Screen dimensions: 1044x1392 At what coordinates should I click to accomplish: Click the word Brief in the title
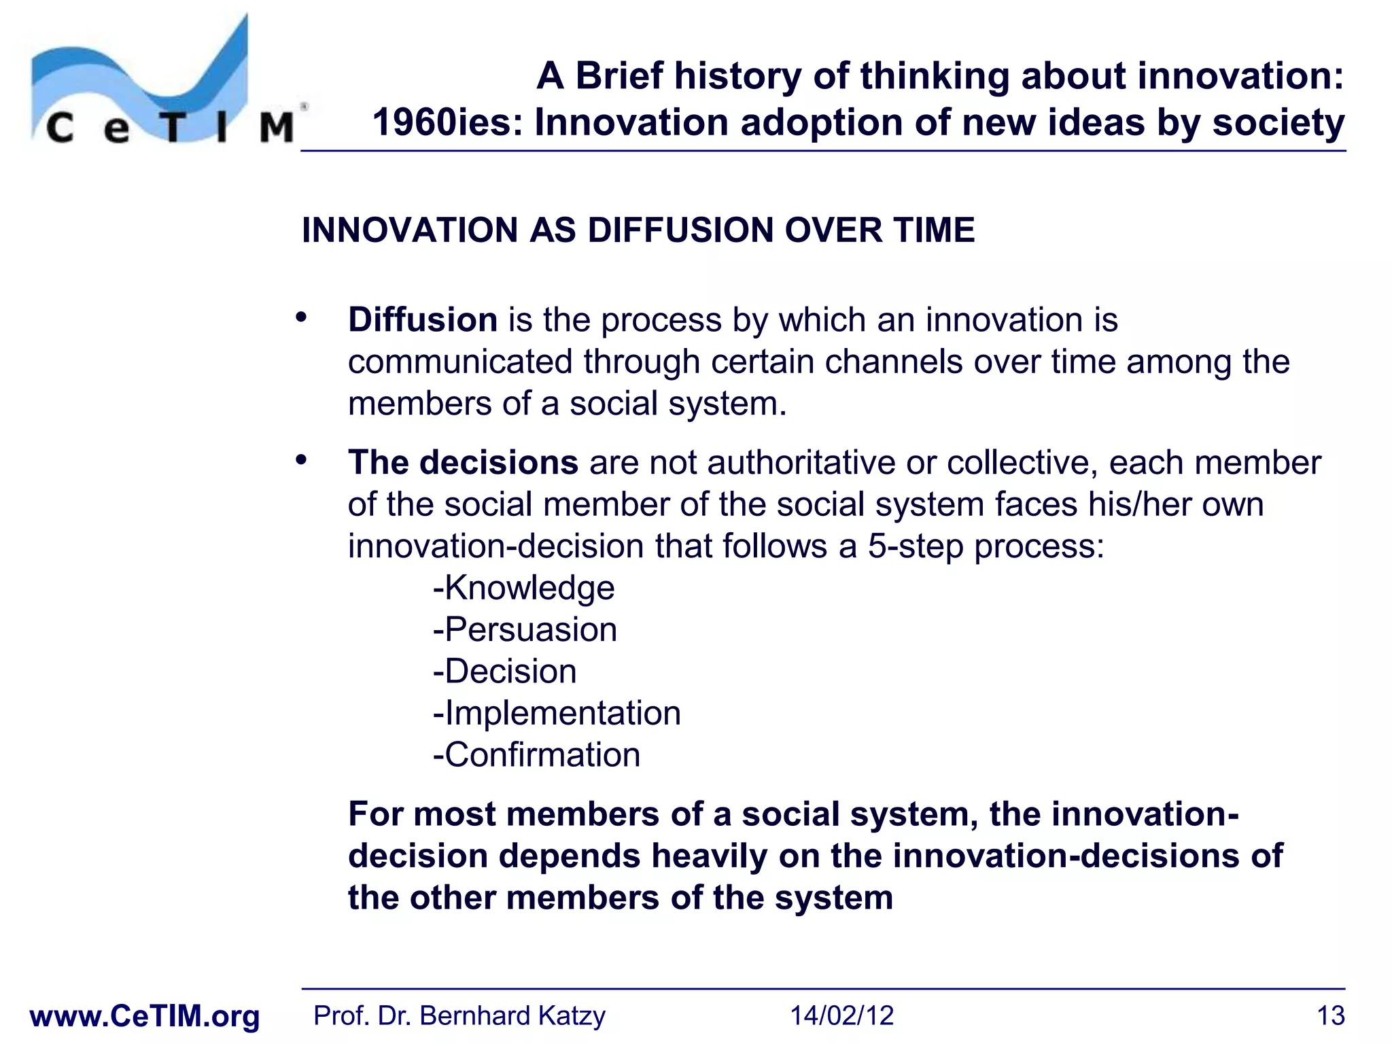pos(619,75)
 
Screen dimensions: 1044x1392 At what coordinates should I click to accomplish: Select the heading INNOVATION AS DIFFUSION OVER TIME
pos(638,230)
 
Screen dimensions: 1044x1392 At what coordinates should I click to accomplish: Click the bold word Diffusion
pos(423,319)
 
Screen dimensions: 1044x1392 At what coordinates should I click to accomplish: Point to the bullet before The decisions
pos(301,460)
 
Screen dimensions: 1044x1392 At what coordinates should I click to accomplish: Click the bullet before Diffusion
pos(301,317)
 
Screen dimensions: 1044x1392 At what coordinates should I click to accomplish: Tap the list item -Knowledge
pos(523,587)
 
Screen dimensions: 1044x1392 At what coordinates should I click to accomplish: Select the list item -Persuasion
pos(525,629)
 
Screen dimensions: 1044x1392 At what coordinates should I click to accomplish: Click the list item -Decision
pos(504,672)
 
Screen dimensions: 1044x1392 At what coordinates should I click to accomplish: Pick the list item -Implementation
pos(557,713)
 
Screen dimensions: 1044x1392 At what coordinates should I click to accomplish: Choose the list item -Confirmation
pos(536,755)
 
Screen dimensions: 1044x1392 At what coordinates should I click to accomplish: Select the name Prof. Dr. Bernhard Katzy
pos(459,1016)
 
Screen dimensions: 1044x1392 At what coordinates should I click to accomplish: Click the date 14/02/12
pos(841,1016)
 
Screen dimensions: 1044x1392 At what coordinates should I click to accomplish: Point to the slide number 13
pos(1330,1016)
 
